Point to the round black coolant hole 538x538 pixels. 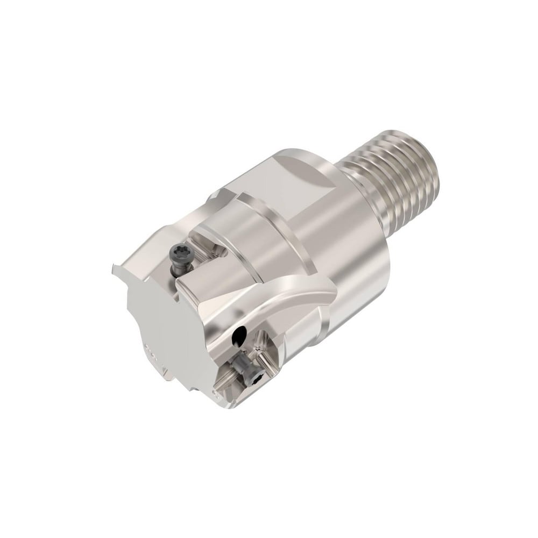coord(238,338)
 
